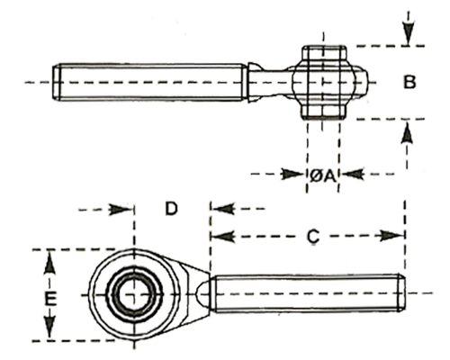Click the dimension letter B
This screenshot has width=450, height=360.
point(409,82)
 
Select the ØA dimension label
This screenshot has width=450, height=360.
point(322,175)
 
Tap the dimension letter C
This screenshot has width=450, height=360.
point(313,237)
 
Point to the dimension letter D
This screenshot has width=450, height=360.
point(171,209)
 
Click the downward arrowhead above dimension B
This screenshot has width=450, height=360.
point(408,33)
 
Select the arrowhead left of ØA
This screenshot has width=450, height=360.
point(292,174)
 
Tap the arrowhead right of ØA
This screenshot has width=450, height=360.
point(353,174)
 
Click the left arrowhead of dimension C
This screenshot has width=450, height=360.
point(223,236)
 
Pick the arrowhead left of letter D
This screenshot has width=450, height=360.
point(121,209)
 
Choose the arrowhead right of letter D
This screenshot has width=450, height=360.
point(223,209)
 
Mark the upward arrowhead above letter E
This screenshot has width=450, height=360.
point(49,263)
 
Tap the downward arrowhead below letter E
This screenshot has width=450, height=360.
point(49,326)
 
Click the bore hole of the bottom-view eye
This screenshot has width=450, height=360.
point(134,294)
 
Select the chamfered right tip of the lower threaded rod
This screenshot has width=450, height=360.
point(401,293)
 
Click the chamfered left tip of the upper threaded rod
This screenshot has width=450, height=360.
point(56,82)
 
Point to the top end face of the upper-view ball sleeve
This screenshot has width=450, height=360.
point(324,47)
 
